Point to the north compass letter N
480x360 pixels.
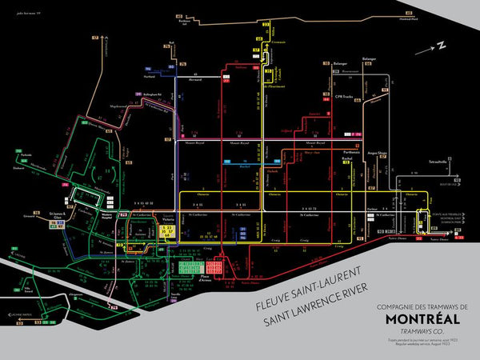point(440,46)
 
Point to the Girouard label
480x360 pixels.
point(30,214)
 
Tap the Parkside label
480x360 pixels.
point(26,154)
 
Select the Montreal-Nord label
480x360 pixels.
point(410,19)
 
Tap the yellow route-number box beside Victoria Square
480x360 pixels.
point(167,231)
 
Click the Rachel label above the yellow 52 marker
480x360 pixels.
point(347,158)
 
